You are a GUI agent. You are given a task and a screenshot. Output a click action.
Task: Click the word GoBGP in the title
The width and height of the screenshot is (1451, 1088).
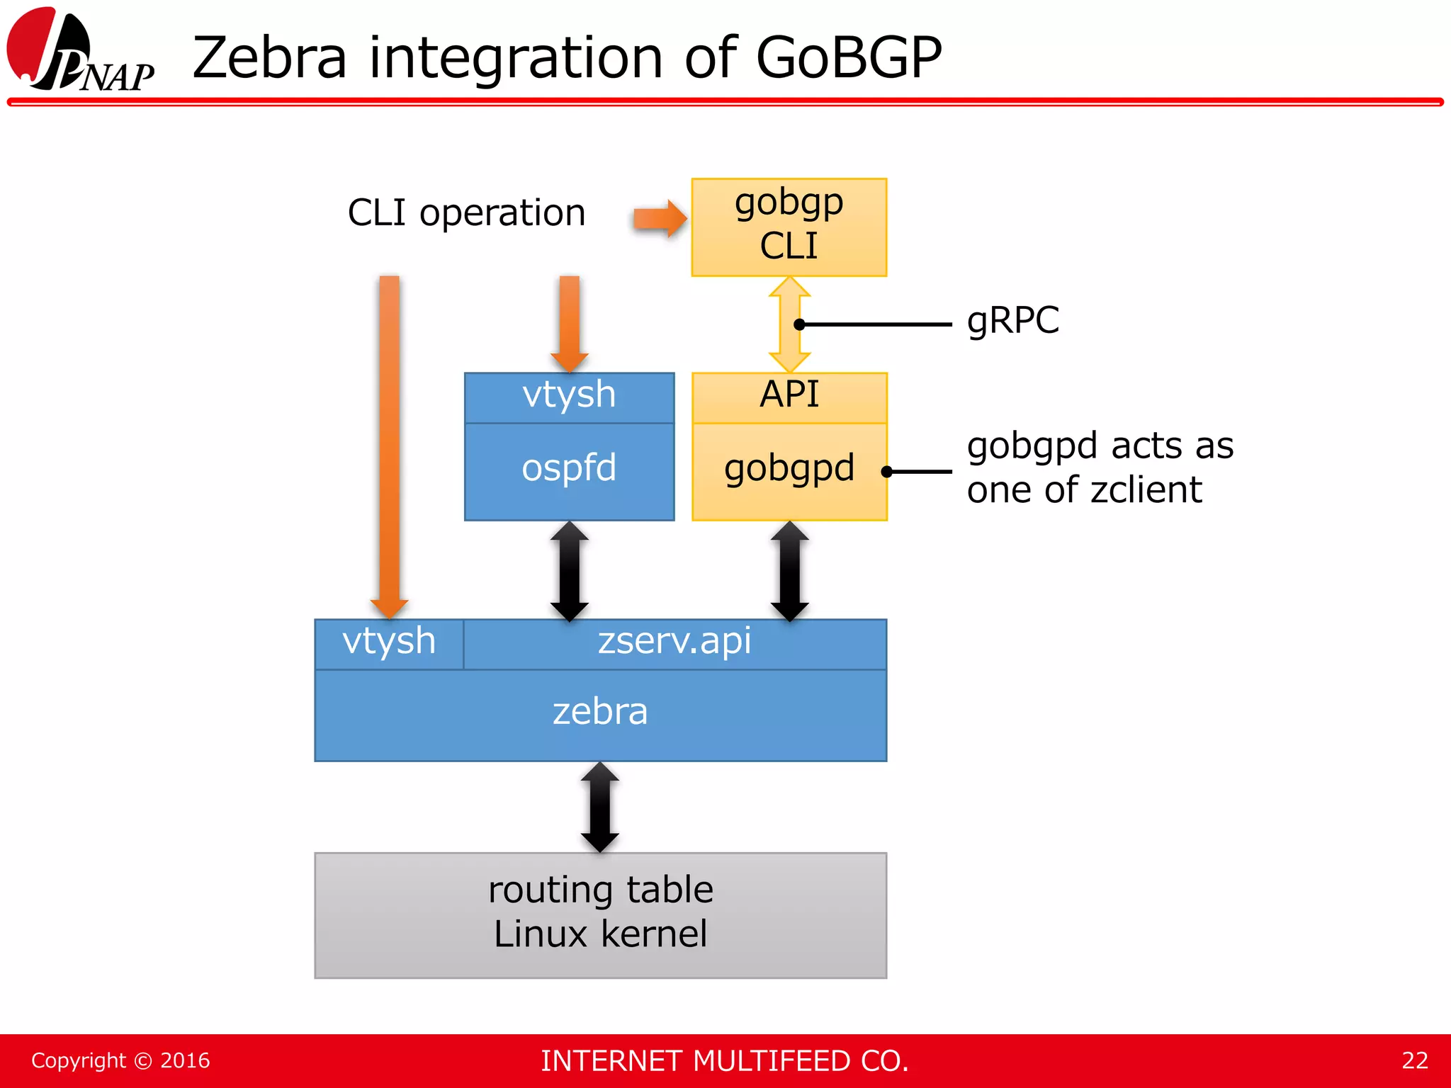pos(849,58)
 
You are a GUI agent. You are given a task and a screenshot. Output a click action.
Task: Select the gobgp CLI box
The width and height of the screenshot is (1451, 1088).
pos(789,227)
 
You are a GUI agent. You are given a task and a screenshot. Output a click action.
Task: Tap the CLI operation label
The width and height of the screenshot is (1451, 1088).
pos(466,212)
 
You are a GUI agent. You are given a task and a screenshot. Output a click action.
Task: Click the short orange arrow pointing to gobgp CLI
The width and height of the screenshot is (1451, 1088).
pos(659,218)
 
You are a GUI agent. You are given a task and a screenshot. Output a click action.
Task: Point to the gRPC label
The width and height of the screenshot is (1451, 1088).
pos(1012,320)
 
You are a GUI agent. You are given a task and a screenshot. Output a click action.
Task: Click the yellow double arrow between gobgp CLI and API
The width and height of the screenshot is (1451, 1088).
pos(789,324)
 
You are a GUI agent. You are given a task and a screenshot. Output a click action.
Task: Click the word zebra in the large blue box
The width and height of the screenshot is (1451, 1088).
pos(600,713)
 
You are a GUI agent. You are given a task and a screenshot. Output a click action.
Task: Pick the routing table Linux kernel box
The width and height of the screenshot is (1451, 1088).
pos(600,914)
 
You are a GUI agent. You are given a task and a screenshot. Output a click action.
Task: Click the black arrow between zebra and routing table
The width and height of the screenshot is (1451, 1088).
pos(600,807)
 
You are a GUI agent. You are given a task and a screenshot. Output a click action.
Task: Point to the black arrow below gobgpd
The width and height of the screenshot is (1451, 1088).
pos(789,570)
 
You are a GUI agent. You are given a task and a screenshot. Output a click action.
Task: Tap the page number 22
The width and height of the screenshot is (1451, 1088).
pos(1414,1060)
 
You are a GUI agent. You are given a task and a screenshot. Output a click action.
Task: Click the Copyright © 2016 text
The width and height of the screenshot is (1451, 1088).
pos(120,1060)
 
